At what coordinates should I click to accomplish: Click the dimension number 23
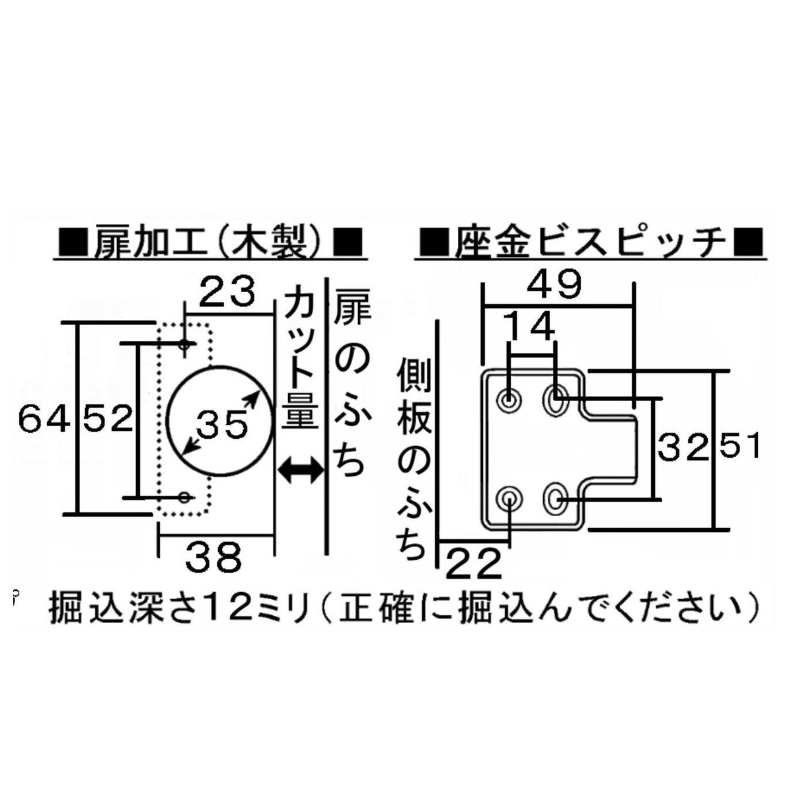click(x=227, y=293)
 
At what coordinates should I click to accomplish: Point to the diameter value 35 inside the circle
click(x=220, y=424)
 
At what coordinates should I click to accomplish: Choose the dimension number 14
click(x=530, y=326)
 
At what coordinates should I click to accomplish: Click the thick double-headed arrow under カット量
click(x=301, y=470)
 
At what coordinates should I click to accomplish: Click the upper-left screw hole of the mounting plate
click(x=510, y=399)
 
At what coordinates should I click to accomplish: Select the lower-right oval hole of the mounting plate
click(x=555, y=498)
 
